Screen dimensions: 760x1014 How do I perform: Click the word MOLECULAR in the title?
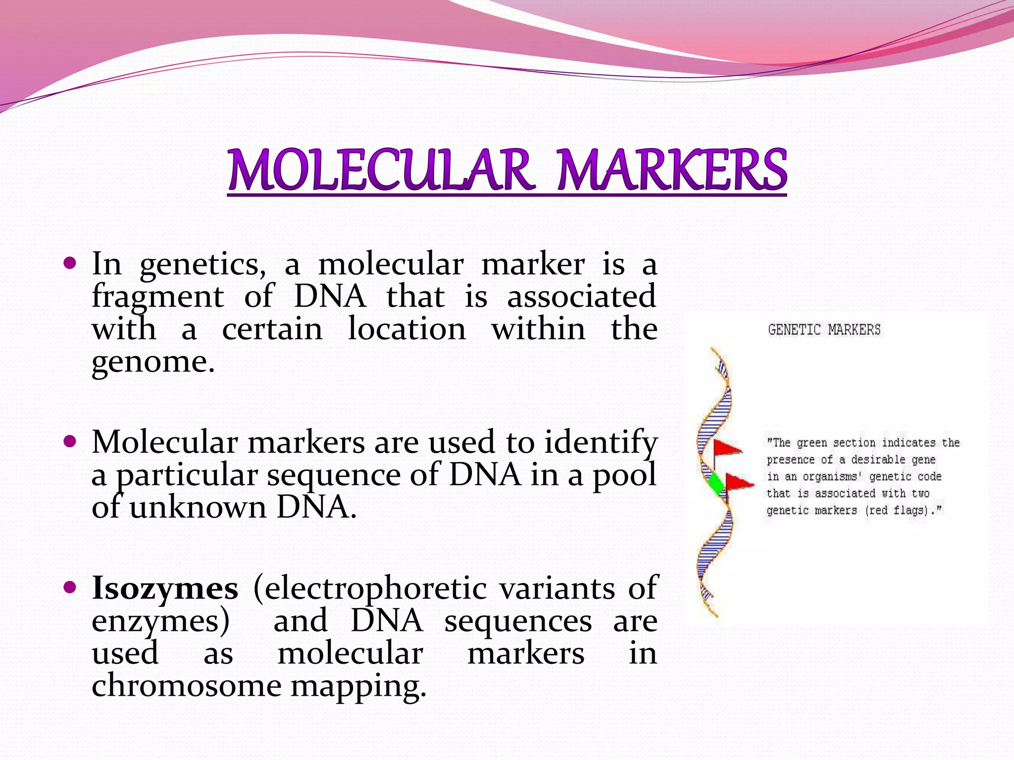pos(380,170)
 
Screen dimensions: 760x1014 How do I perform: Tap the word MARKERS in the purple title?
pos(672,170)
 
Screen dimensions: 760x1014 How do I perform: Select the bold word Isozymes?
pos(165,589)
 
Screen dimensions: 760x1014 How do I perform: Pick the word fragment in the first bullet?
pos(158,297)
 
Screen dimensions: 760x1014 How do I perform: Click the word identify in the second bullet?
pos(601,442)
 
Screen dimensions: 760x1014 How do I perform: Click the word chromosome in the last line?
pos(186,686)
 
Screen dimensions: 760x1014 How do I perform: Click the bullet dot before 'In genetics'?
pos(70,262)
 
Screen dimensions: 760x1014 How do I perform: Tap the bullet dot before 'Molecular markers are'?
pos(70,440)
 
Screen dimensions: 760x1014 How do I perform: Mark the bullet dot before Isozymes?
pos(70,587)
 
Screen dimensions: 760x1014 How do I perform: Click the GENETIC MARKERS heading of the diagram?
pos(824,330)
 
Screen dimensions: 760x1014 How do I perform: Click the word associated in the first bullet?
pos(582,297)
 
